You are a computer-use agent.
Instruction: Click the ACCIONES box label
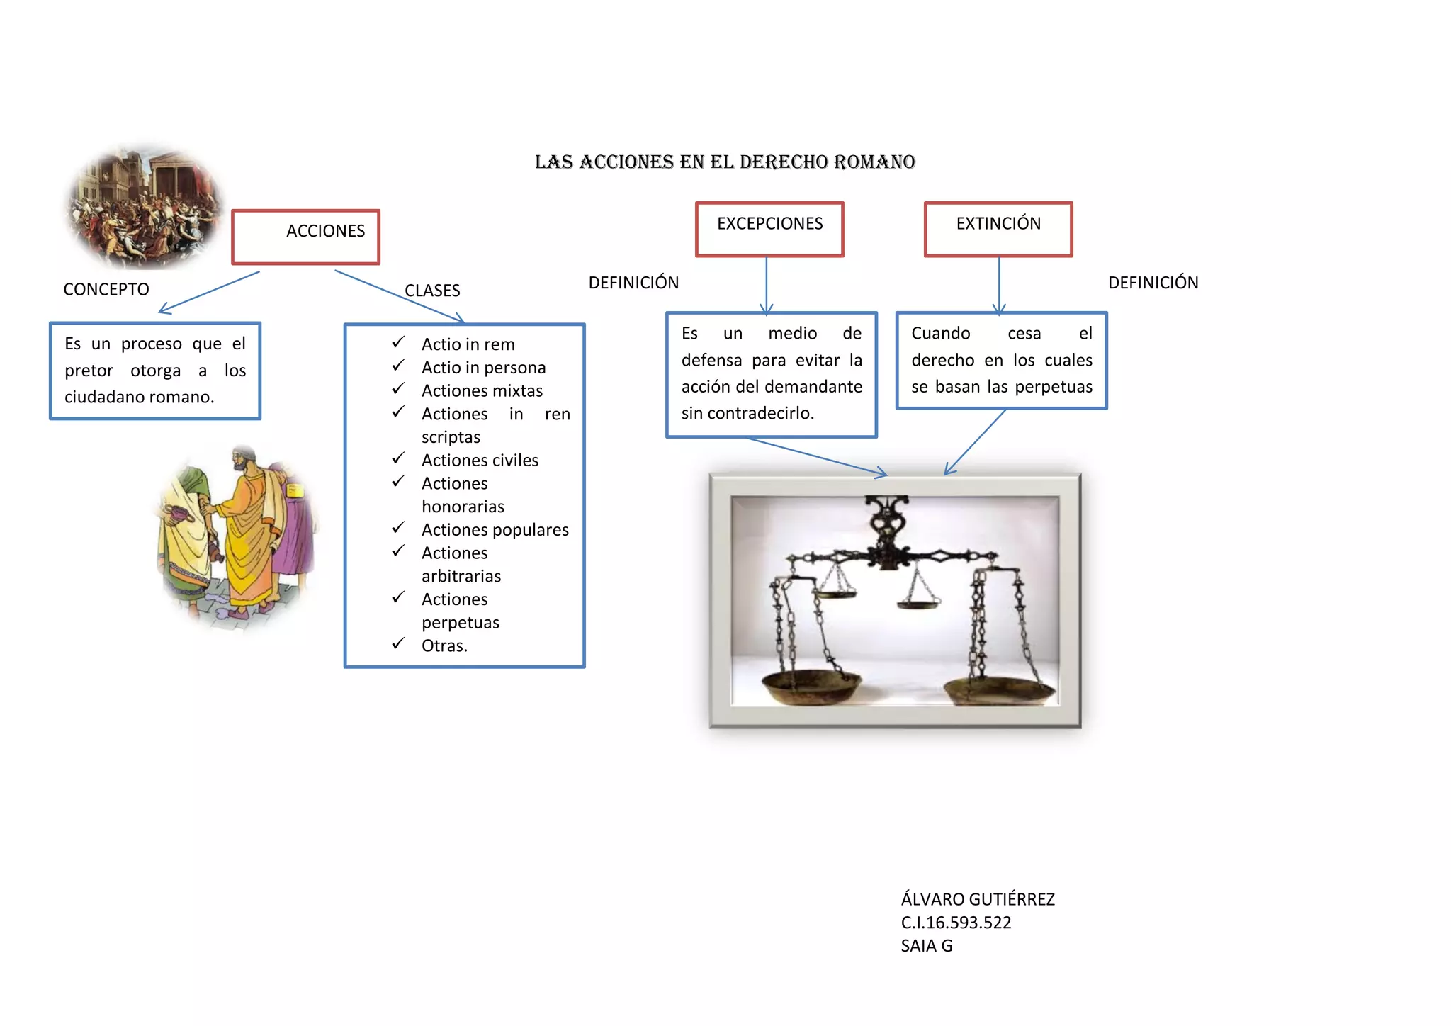click(325, 231)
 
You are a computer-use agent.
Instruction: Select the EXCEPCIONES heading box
click(769, 228)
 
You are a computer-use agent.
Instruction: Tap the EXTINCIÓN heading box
click(998, 228)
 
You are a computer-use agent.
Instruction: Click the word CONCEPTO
click(106, 289)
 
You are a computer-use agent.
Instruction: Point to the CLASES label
click(432, 291)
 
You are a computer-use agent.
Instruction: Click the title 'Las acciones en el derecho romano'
click(725, 162)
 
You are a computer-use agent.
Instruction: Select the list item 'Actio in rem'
click(468, 344)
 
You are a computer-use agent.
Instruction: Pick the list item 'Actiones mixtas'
click(482, 391)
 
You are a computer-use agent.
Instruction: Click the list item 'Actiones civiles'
click(480, 461)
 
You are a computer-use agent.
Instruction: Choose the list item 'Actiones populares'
click(495, 530)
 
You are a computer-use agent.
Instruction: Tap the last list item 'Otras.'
click(444, 646)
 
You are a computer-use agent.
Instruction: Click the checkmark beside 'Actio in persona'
click(398, 366)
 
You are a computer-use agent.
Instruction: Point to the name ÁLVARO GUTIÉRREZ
click(978, 899)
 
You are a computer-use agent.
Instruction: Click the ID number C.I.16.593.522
click(956, 923)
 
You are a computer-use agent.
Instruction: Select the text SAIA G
click(926, 946)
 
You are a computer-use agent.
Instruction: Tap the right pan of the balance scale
click(1000, 688)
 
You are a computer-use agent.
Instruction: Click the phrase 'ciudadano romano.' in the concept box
click(139, 397)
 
